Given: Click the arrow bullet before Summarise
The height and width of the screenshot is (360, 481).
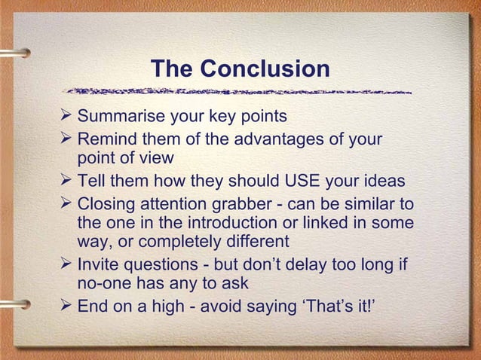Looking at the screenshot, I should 66,117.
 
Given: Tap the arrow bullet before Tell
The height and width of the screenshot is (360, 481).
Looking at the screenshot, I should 66,181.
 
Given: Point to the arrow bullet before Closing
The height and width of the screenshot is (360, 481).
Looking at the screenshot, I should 66,203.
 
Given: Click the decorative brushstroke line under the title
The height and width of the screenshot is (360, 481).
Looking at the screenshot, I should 240,92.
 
